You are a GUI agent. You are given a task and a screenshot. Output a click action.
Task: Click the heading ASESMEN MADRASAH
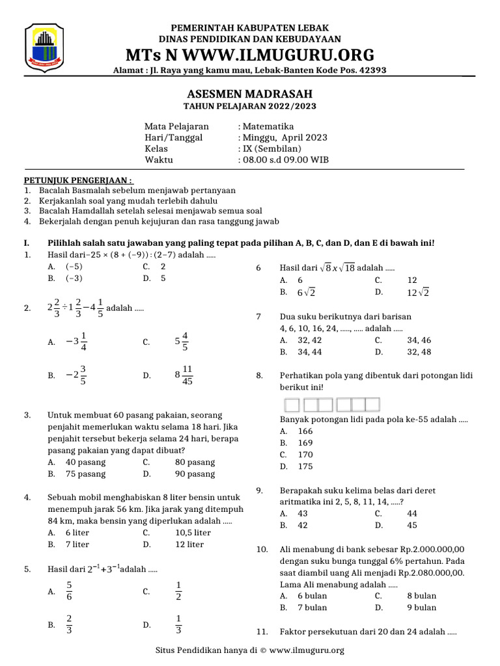coord(249,94)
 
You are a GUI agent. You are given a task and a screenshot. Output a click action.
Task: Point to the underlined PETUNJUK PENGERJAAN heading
coord(79,180)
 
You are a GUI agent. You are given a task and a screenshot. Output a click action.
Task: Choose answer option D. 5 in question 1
coord(163,278)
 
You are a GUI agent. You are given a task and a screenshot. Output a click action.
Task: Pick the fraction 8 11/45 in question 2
coord(184,375)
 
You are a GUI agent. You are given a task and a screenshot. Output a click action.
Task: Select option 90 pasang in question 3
coord(195,474)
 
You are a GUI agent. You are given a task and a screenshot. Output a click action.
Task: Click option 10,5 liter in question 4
coord(193,533)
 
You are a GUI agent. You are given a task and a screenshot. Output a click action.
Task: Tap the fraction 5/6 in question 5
coord(70,591)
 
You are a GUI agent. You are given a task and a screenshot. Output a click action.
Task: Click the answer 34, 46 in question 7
coord(419,340)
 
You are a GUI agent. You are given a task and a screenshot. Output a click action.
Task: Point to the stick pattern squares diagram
coord(333,405)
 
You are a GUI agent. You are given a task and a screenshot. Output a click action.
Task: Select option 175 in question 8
coord(305,466)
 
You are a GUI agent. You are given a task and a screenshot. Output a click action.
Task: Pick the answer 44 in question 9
coord(412,513)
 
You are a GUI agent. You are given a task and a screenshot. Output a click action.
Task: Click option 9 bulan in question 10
coord(421,607)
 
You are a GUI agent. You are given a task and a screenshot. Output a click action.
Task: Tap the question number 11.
coord(262,632)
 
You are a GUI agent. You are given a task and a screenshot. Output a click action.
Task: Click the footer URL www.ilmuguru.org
coord(306,650)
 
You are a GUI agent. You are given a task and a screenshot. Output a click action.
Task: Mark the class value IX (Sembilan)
coord(272,148)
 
